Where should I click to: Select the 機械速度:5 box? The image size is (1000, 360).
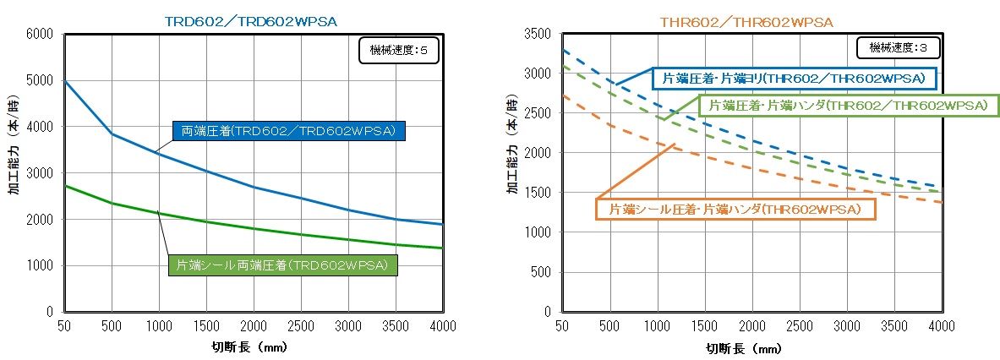tap(399, 50)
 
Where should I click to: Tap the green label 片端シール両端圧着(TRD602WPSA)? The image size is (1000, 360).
tap(282, 265)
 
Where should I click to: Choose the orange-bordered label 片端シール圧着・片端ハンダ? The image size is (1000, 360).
tap(735, 208)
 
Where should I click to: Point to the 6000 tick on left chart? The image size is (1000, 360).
tap(40, 34)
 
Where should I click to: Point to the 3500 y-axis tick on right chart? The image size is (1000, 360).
tap(538, 34)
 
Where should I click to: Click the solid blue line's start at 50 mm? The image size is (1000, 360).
tap(64, 81)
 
